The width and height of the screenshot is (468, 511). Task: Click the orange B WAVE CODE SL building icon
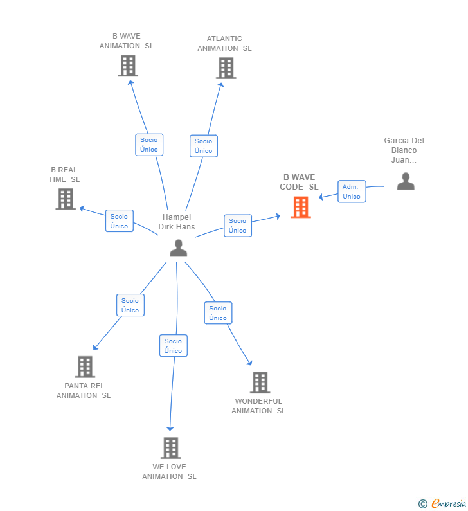300,207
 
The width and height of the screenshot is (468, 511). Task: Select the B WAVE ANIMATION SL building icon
128,66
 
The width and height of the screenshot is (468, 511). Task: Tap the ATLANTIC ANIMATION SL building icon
226,68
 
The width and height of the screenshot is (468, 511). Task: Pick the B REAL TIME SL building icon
66,199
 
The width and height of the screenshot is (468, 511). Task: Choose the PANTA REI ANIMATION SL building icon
85,366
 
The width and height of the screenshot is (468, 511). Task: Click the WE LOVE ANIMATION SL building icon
170,447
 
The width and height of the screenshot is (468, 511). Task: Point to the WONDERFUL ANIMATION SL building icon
260,382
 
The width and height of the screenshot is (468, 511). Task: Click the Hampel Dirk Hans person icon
178,247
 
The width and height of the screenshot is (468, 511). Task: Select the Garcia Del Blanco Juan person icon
406,181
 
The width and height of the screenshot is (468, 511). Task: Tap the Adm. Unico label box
352,192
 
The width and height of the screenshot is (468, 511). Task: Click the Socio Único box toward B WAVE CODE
237,226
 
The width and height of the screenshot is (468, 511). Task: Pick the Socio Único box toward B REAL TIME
119,221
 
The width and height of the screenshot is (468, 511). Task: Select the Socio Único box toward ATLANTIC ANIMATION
203,146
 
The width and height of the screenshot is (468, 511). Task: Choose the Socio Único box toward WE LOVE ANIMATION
173,346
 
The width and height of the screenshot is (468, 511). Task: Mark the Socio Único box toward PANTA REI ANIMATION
130,305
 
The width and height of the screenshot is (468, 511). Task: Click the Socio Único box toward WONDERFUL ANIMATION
218,313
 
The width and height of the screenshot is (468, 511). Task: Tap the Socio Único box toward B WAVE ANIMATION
149,145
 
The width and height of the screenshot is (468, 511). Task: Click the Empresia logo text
449,503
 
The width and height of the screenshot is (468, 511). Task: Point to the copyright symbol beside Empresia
422,504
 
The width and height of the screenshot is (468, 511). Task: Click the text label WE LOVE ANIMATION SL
169,471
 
